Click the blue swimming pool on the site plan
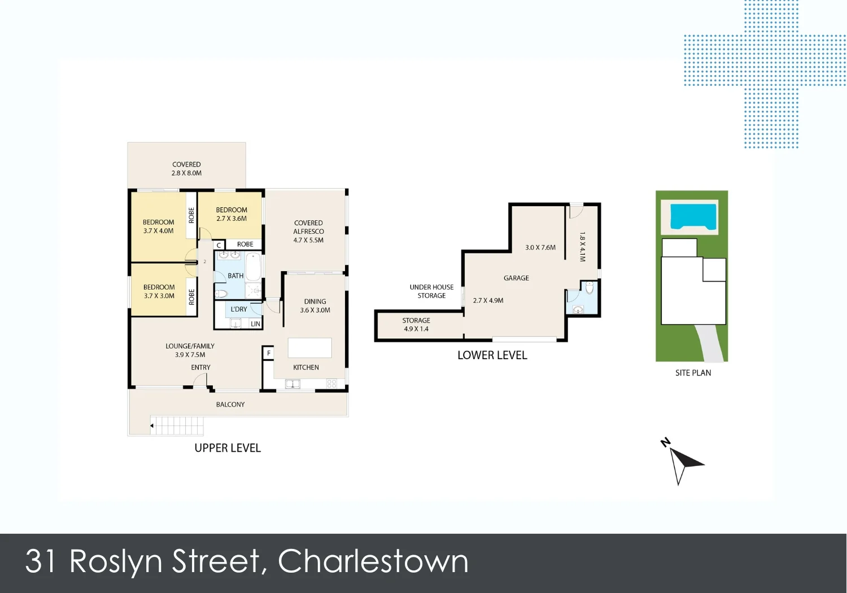click(x=693, y=216)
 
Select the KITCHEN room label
click(x=306, y=368)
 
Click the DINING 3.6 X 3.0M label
click(x=315, y=306)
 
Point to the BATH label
click(x=235, y=276)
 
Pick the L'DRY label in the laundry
click(x=239, y=309)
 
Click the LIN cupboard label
click(x=255, y=324)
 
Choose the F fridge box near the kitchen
click(x=269, y=354)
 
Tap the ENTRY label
click(x=200, y=368)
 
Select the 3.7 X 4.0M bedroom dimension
click(x=159, y=231)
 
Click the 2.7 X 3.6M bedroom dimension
click(x=232, y=219)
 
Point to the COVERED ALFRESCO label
click(x=308, y=232)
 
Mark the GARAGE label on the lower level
click(x=516, y=278)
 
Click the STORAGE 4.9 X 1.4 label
click(x=416, y=325)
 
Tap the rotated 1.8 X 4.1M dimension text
click(x=583, y=247)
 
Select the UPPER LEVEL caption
click(x=228, y=448)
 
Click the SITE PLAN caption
click(x=693, y=373)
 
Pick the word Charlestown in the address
click(x=373, y=562)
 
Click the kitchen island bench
click(x=309, y=348)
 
